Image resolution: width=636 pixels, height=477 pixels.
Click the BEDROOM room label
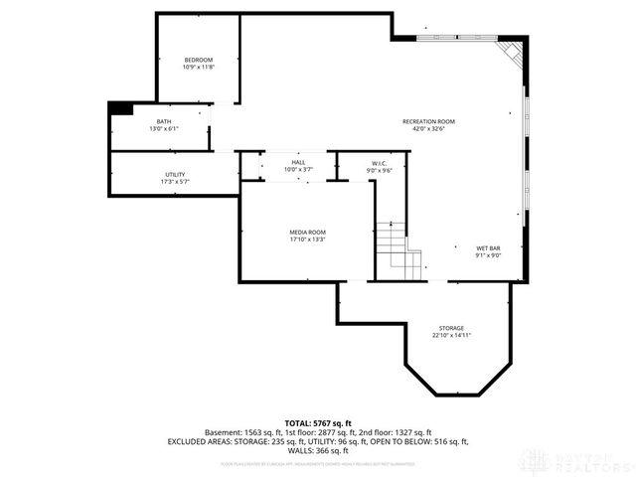point(198,60)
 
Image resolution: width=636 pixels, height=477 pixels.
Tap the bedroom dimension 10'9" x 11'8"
point(198,67)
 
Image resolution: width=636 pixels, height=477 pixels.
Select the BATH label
point(163,121)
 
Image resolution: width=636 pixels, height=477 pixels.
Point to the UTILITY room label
point(175,175)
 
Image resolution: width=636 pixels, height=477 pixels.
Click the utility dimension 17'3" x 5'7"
point(175,182)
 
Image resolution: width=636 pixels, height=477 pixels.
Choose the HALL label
point(298,162)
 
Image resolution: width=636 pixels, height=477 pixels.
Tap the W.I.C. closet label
point(379,163)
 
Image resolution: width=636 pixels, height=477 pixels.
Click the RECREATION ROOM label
point(428,121)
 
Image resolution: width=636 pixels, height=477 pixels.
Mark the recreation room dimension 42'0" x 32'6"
point(428,128)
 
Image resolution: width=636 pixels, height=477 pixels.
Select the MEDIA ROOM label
point(307,232)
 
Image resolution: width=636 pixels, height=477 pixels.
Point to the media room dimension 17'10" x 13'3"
point(307,238)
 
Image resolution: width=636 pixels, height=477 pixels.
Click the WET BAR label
point(488,247)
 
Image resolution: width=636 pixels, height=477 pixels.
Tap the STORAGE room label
point(451,328)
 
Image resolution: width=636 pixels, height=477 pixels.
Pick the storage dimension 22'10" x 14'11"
point(451,335)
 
